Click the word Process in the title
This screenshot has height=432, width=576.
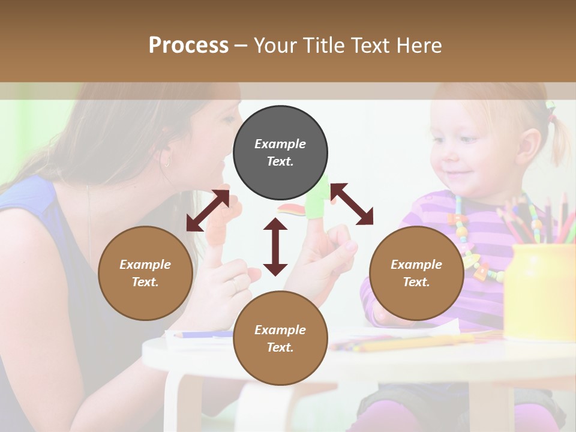(188, 46)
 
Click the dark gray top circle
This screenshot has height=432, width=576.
(280, 153)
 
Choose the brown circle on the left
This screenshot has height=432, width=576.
(145, 273)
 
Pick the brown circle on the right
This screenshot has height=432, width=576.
(416, 273)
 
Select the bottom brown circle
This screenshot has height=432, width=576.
(280, 338)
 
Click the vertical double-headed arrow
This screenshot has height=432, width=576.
(275, 247)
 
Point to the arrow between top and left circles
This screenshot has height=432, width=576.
(208, 210)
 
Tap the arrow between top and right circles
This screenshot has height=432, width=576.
(352, 204)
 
